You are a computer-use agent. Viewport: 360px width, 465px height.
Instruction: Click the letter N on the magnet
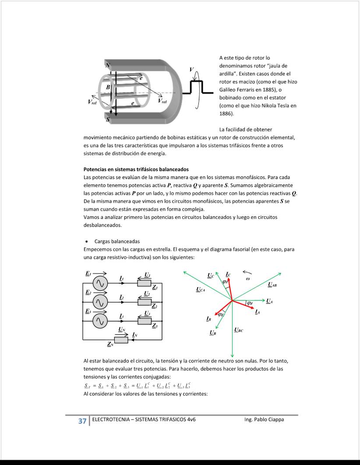pos(108,65)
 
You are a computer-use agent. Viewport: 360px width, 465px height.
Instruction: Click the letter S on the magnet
pos(108,120)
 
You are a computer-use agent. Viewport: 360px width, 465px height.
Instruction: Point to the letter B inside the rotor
pos(108,87)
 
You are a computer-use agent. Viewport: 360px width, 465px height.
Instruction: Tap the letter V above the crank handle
pos(191,70)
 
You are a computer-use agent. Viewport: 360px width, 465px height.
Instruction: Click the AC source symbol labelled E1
pos(100,283)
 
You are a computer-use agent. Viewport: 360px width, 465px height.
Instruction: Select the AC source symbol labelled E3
pos(100,321)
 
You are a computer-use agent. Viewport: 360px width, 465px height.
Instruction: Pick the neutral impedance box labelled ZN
pos(121,340)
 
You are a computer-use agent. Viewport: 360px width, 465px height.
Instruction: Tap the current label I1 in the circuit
pos(121,279)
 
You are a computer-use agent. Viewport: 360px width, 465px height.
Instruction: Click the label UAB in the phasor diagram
pos(272,285)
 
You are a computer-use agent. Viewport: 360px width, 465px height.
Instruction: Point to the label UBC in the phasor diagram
pos(239,330)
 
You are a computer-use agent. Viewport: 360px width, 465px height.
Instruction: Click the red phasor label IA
pos(258,312)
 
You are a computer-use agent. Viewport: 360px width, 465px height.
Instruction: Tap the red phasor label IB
pos(209,319)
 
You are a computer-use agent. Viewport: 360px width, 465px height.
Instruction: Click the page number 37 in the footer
pos(82,421)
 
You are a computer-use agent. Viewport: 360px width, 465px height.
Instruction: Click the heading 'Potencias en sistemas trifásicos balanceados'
pos(136,169)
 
